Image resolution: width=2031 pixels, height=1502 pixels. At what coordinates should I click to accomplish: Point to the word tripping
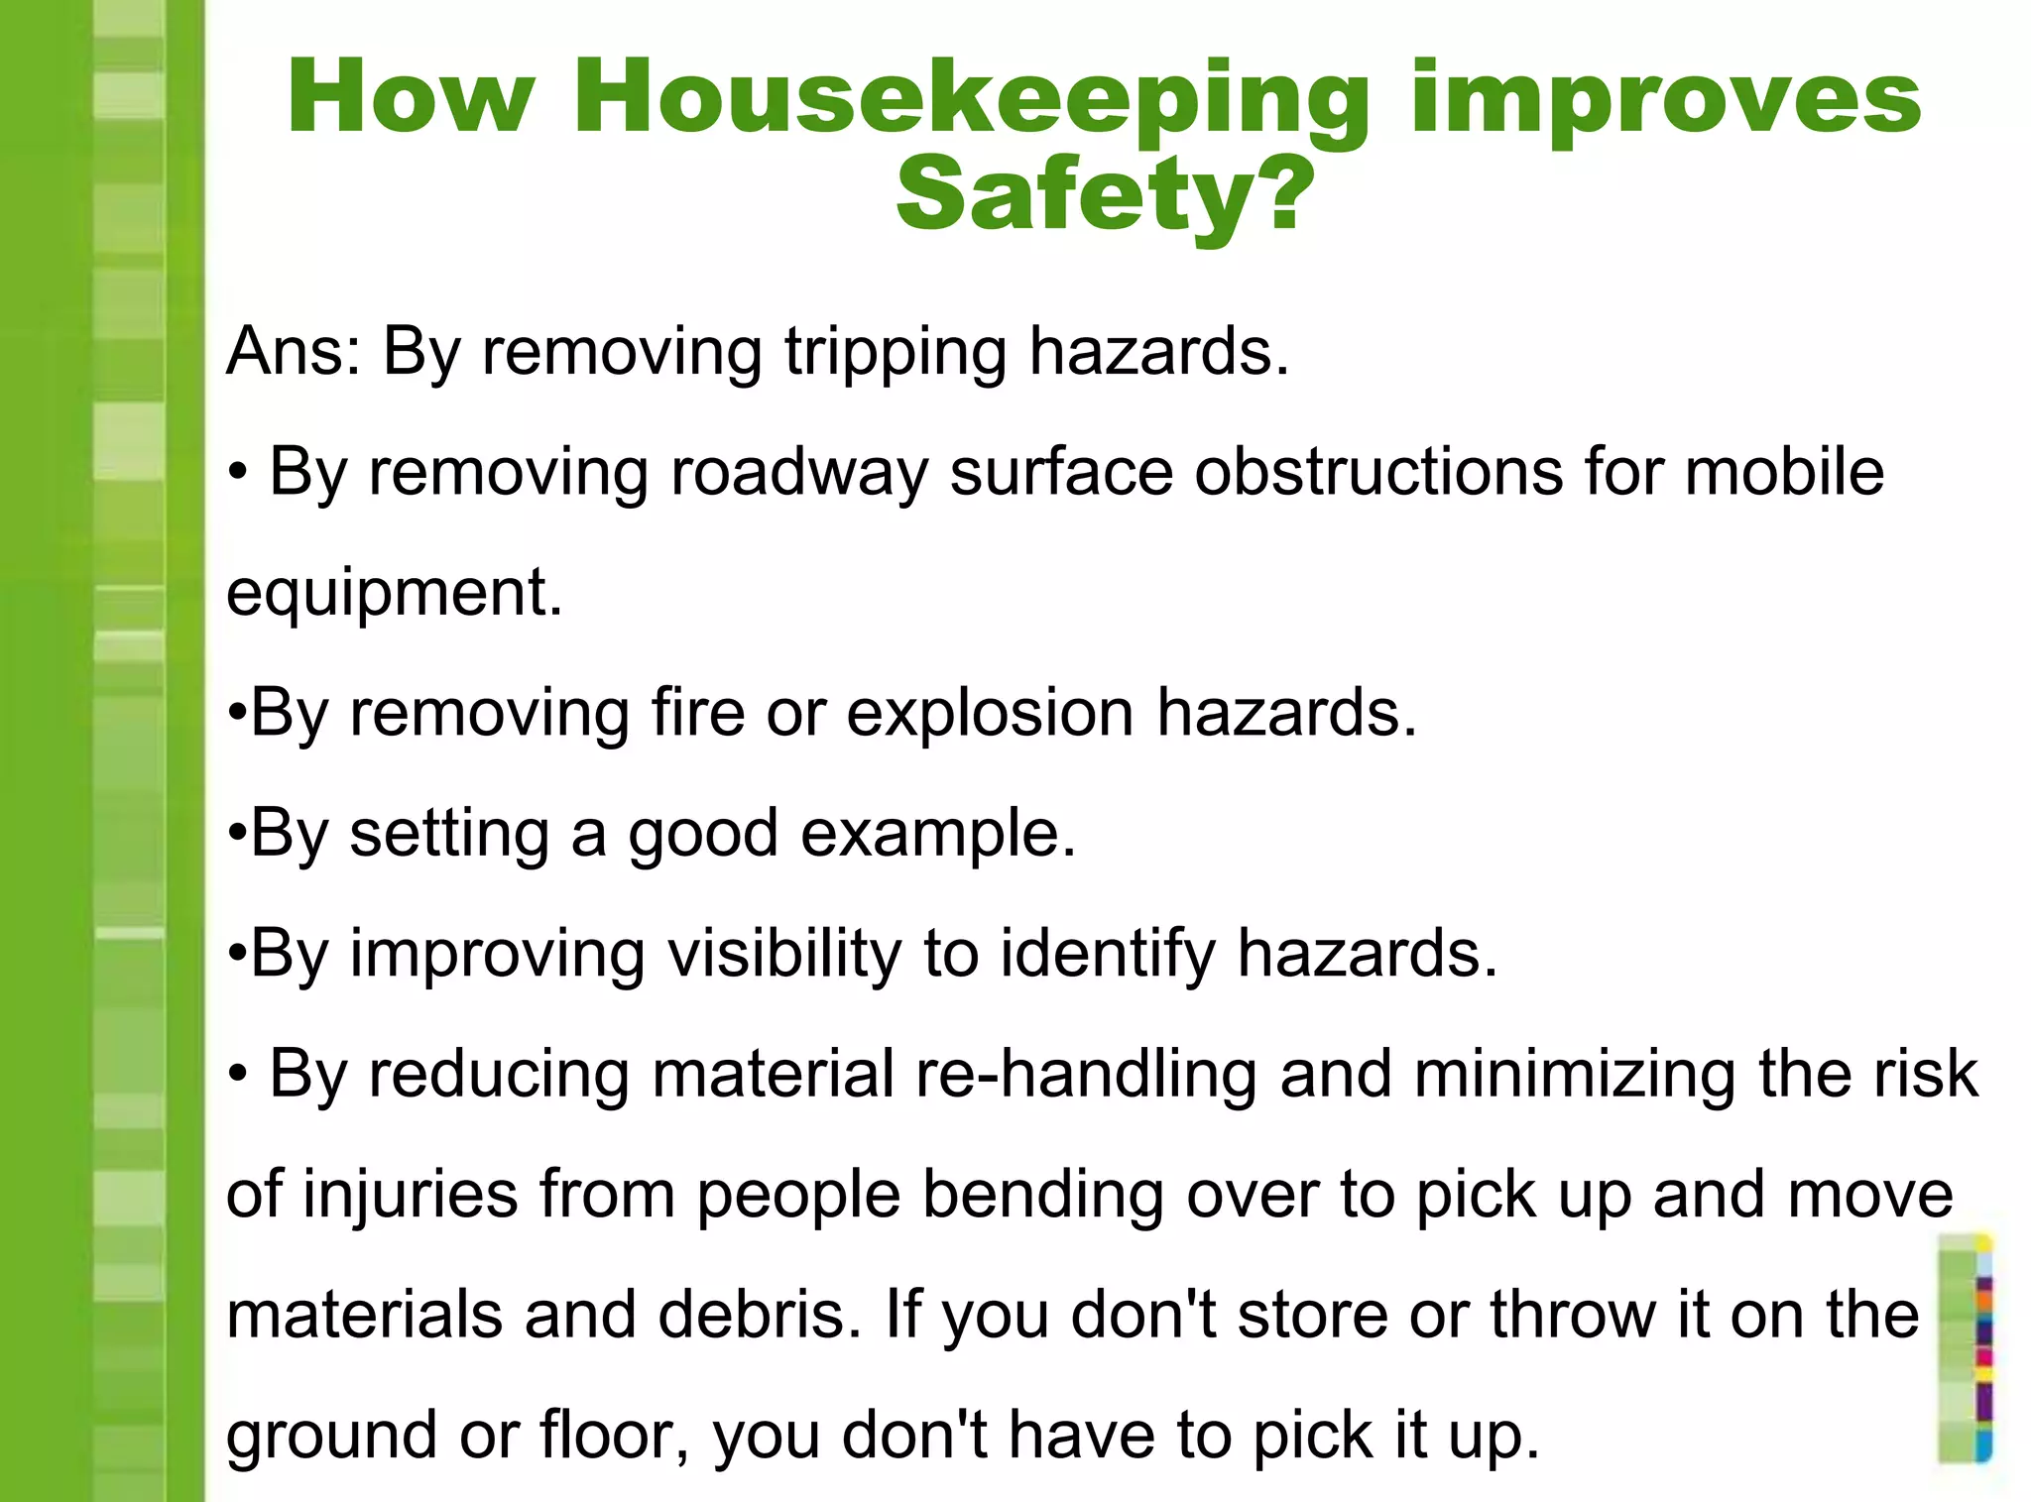pyautogui.click(x=896, y=353)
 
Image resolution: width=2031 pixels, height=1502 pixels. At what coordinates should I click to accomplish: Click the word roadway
pyautogui.click(x=799, y=473)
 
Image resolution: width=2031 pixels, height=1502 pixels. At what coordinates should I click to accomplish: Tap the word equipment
pyautogui.click(x=394, y=594)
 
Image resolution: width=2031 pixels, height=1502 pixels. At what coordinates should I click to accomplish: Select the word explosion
pyautogui.click(x=990, y=713)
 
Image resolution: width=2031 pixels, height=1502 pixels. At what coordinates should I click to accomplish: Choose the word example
pyautogui.click(x=937, y=834)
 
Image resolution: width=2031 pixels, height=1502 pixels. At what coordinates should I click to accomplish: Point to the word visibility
pyautogui.click(x=783, y=954)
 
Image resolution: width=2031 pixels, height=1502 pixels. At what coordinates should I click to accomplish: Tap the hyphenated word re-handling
pyautogui.click(x=1086, y=1074)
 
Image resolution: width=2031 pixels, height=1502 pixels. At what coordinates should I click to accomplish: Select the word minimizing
pyautogui.click(x=1575, y=1076)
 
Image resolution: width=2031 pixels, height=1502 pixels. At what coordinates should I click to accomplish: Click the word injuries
pyautogui.click(x=411, y=1195)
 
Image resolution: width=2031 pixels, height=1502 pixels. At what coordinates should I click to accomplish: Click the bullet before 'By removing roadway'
pyautogui.click(x=237, y=474)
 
